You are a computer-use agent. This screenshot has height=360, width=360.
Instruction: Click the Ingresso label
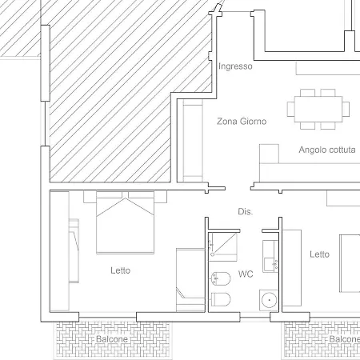(x=235, y=66)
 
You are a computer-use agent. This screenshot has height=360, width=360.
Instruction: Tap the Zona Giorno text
(x=242, y=122)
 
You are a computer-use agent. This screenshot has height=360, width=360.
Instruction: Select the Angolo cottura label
(x=327, y=150)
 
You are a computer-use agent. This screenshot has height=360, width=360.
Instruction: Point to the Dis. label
(x=245, y=211)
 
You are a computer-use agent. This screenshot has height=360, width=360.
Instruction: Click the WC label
(x=246, y=274)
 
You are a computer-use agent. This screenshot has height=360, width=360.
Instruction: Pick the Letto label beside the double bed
(x=121, y=270)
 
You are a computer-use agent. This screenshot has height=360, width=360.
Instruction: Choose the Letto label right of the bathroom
(x=319, y=254)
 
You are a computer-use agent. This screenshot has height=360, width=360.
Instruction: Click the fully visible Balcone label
(x=112, y=339)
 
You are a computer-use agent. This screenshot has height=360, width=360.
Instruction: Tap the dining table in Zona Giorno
(x=318, y=109)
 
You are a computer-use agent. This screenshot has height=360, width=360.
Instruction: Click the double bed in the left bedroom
(x=125, y=222)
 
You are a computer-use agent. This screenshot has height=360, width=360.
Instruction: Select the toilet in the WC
(x=221, y=299)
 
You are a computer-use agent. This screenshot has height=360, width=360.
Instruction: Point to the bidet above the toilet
(x=221, y=278)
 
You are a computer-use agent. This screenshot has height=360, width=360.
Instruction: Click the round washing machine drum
(x=269, y=300)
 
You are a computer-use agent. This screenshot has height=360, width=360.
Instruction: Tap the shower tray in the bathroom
(x=222, y=246)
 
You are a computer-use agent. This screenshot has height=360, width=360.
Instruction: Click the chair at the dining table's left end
(x=291, y=109)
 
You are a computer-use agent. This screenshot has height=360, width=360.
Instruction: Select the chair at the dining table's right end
(x=346, y=109)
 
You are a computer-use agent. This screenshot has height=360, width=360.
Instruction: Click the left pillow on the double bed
(x=110, y=194)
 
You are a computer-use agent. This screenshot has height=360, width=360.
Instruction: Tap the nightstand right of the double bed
(x=161, y=197)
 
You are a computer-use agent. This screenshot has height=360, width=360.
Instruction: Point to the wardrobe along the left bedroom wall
(x=59, y=251)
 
